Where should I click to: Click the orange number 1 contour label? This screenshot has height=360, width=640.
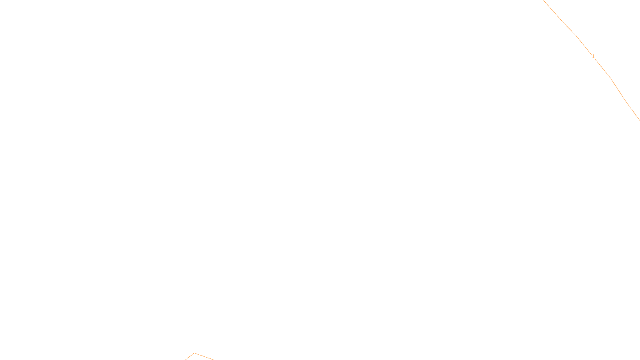point(593,56)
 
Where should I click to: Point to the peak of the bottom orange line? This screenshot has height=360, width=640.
point(194,353)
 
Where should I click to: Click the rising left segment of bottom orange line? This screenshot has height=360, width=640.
point(190,357)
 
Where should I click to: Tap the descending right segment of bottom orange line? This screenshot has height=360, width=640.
point(204,356)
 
